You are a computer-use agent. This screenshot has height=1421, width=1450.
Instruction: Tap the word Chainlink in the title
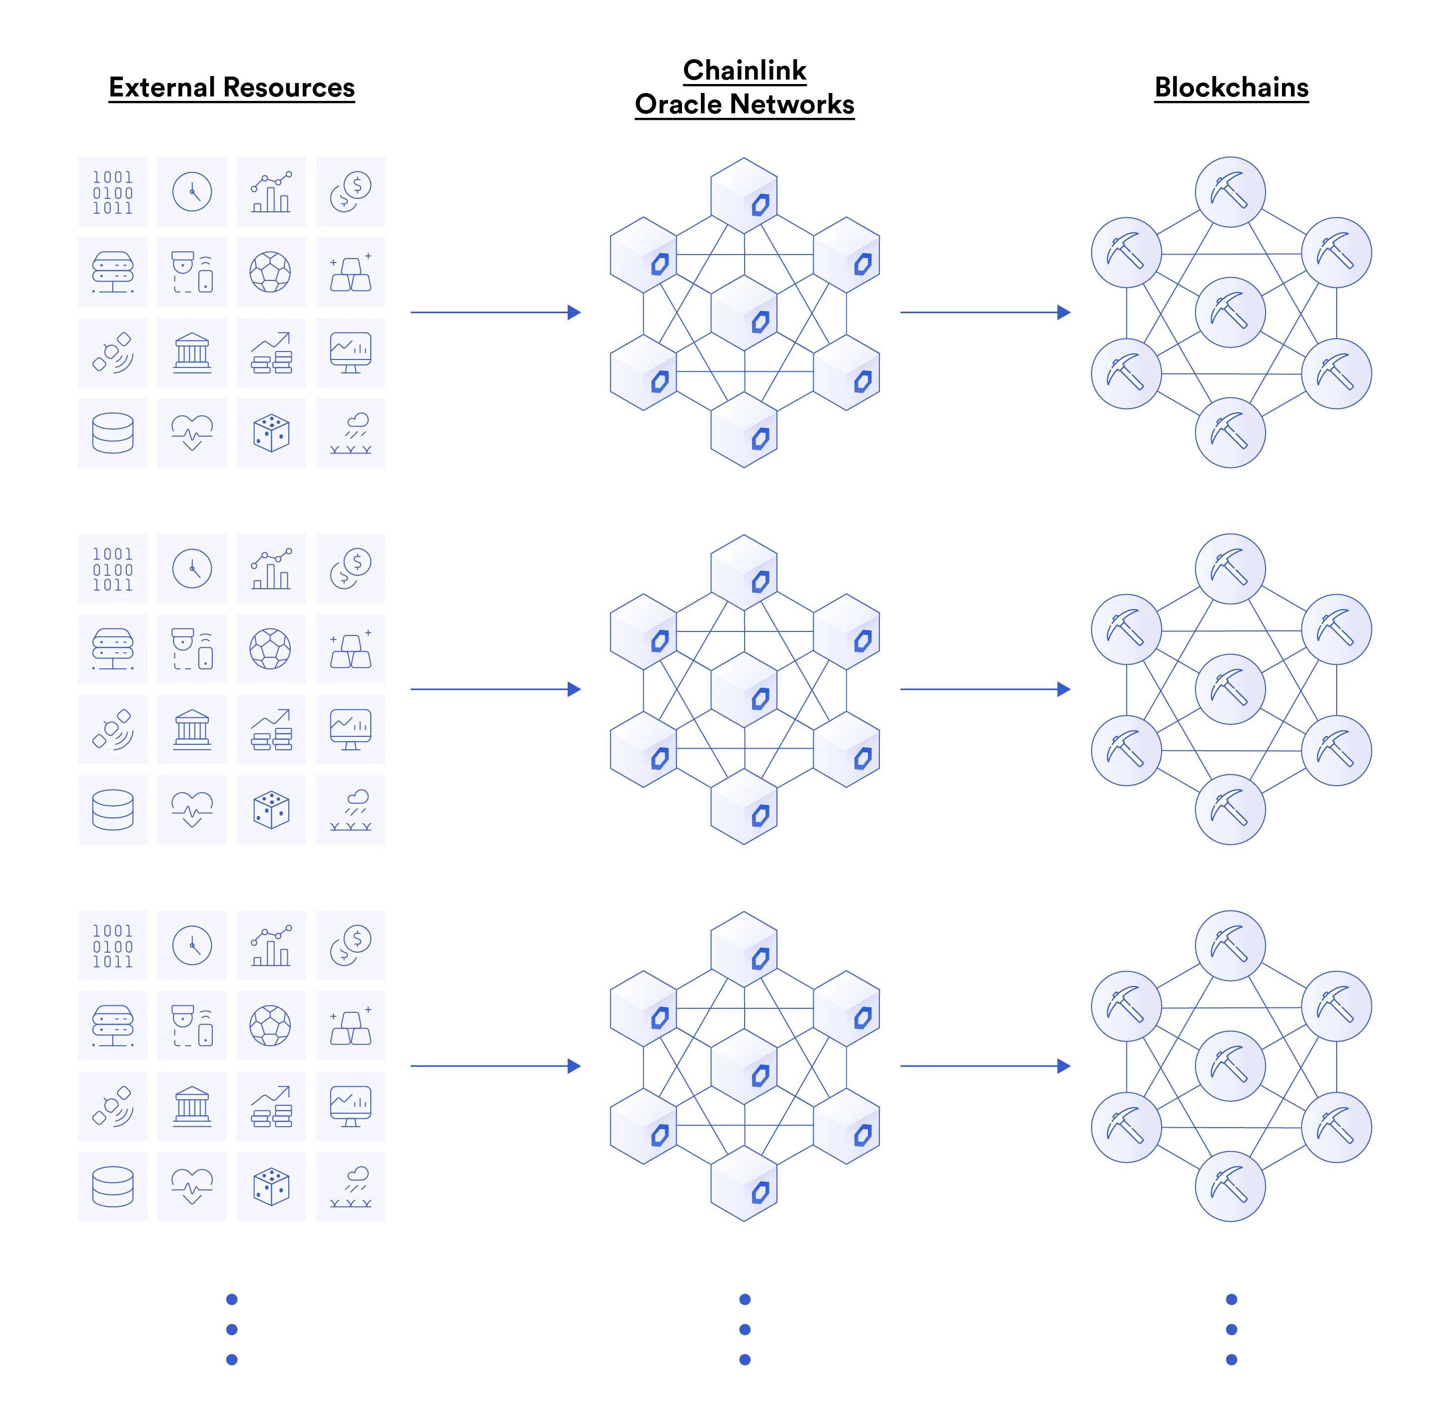(x=744, y=70)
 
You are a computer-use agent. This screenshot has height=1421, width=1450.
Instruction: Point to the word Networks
(x=791, y=104)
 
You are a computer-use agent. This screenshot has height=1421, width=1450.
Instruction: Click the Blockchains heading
(x=1231, y=88)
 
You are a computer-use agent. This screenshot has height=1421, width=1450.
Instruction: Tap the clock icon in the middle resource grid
(x=192, y=569)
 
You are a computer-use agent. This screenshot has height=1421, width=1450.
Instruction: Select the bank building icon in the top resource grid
(x=192, y=352)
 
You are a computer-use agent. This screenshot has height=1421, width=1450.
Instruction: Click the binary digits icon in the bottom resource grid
(x=113, y=946)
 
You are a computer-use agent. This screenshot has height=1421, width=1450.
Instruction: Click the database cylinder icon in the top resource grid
(x=113, y=433)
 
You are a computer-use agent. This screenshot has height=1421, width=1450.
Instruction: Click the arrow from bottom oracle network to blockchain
(x=985, y=1066)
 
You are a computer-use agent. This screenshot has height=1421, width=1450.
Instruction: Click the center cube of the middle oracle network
(x=744, y=690)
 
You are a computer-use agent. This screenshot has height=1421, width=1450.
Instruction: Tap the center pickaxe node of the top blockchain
(x=1230, y=312)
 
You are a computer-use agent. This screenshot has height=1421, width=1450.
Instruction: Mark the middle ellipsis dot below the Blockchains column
(x=1231, y=1329)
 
